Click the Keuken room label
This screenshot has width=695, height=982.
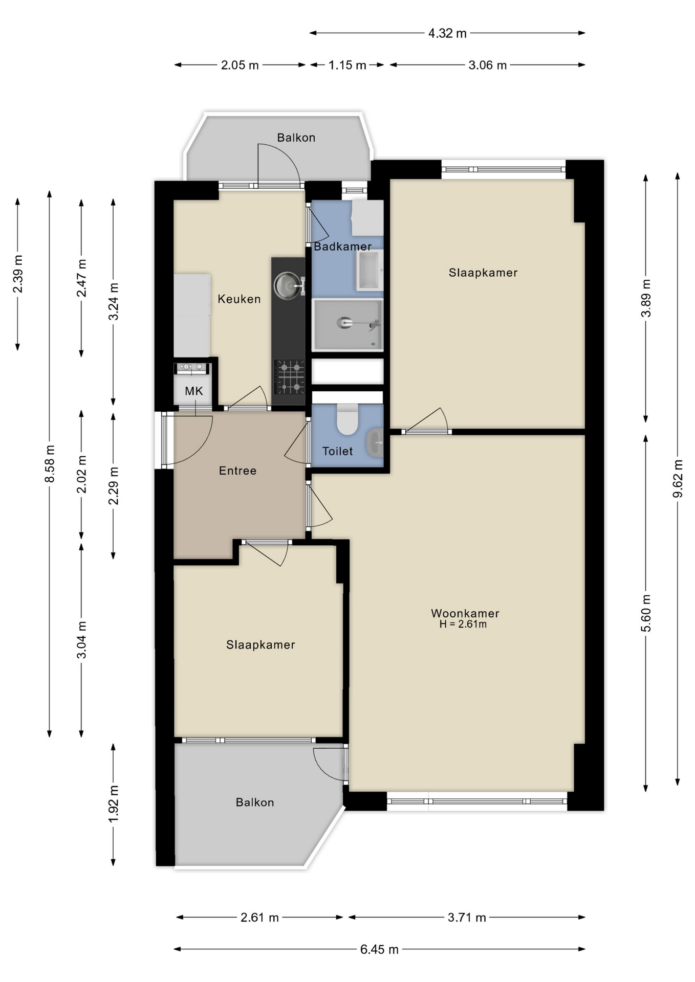pos(239,299)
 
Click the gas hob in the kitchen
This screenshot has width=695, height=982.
pos(290,377)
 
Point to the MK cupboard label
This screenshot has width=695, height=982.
pos(194,391)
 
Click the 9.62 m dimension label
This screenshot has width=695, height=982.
pos(678,479)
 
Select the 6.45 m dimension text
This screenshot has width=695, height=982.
pos(379,949)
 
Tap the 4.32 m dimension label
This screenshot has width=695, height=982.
pos(447,33)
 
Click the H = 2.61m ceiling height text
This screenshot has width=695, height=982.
pos(463,624)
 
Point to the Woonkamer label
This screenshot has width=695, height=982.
pos(465,613)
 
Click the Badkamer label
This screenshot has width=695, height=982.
pos(342,247)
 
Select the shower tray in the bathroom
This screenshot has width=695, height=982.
pos(347,325)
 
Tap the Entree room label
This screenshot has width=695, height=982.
pos(237,471)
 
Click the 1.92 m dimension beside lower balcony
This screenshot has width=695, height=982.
pos(114,804)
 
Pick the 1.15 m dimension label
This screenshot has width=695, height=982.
pos(347,65)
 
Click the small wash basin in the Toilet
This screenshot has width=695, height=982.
pos(376,442)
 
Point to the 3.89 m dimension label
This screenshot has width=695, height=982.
pos(646,298)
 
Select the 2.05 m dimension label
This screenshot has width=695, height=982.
pos(240,65)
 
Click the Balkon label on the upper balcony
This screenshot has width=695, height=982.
pos(296,138)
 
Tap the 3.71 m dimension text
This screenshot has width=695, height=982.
pos(467,918)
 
